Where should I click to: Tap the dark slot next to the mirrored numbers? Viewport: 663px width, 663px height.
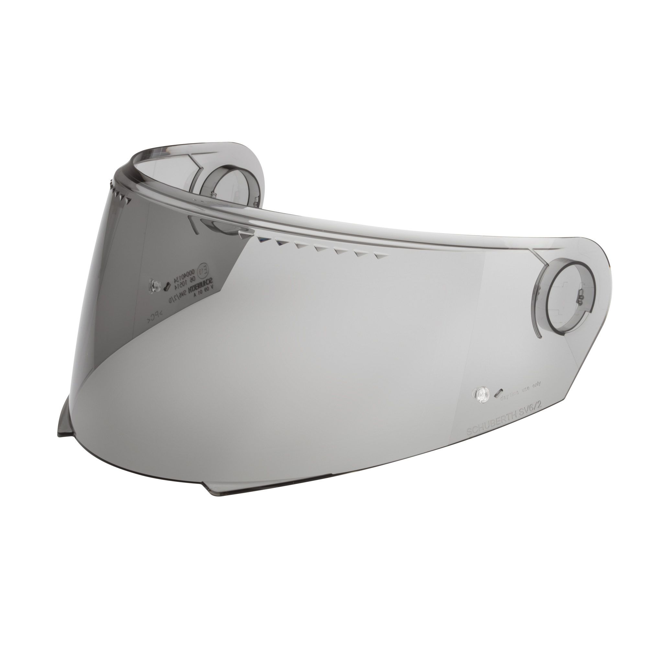pos(167,278)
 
